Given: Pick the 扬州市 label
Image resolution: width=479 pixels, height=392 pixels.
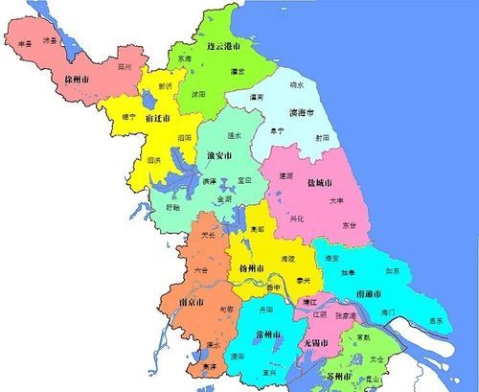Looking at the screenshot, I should [250, 269].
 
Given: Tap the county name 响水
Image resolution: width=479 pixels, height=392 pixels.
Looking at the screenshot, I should [297, 84].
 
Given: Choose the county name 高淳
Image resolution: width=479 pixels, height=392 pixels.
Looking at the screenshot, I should [209, 365].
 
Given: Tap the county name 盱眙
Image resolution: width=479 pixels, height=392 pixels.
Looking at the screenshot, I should [171, 206].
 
